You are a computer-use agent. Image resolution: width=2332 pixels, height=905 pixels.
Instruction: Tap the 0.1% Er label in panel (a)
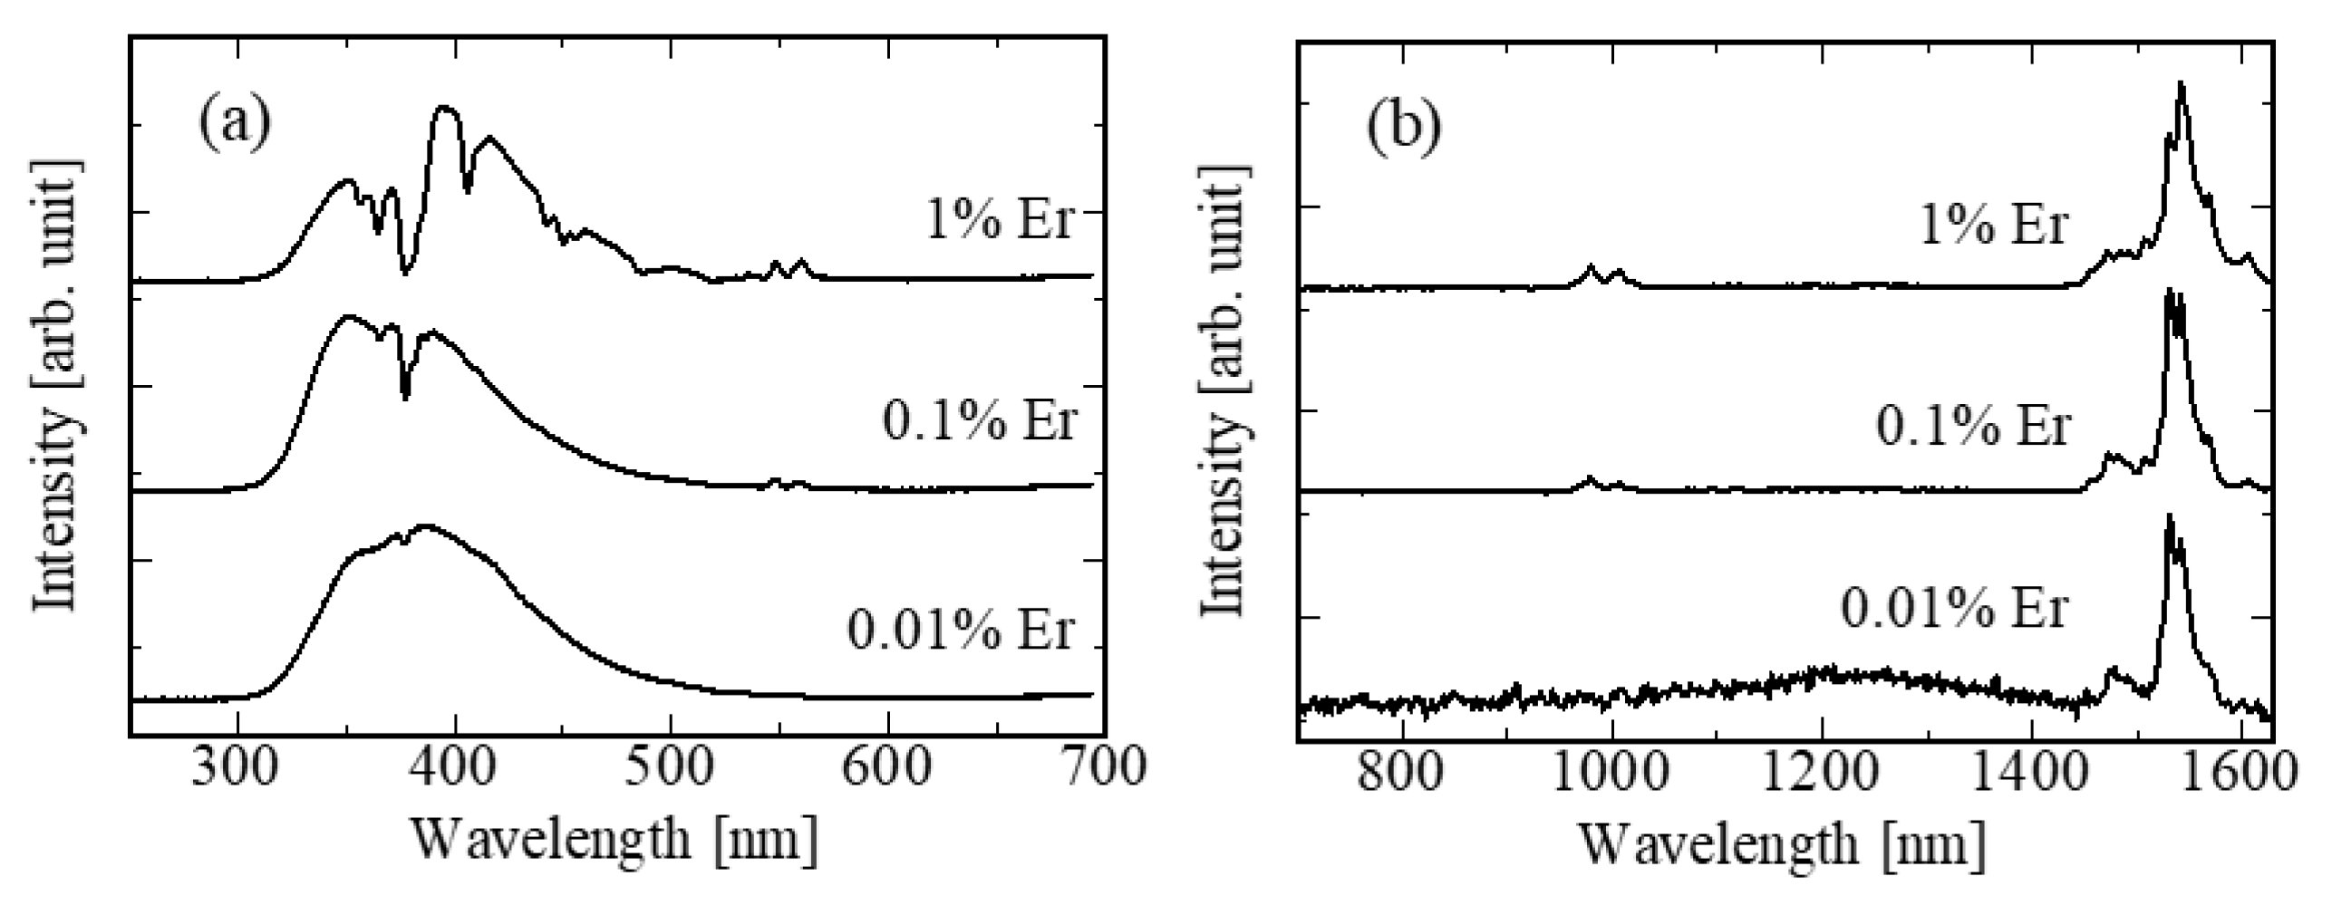tap(980, 420)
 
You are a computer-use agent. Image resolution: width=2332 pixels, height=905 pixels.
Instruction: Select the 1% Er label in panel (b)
tap(1995, 224)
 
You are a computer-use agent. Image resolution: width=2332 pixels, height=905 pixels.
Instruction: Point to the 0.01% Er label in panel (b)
tap(1955, 608)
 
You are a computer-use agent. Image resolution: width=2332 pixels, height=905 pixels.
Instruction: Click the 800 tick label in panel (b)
tap(1402, 773)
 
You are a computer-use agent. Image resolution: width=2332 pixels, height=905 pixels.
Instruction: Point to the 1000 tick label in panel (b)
tap(1611, 773)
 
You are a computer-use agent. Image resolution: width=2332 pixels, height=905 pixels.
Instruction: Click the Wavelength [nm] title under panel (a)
tap(615, 839)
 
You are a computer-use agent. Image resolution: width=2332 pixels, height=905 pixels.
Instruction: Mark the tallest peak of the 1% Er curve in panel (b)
tap(2181, 109)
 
